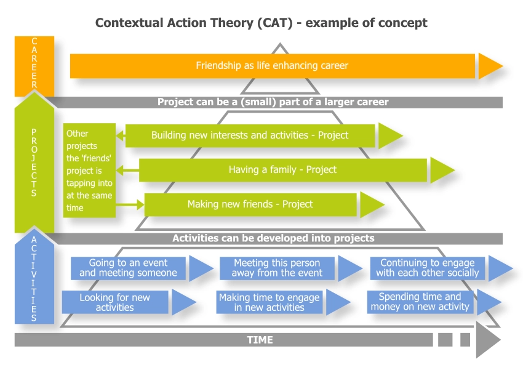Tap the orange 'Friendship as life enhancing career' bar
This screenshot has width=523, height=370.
click(272, 66)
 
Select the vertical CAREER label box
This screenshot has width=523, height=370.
click(34, 65)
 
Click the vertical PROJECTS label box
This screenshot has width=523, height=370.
click(34, 163)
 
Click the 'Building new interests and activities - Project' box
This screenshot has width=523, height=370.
click(250, 135)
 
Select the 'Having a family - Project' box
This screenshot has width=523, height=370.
click(282, 170)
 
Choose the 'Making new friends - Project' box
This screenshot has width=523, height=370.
click(250, 204)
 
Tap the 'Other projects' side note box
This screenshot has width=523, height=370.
click(89, 170)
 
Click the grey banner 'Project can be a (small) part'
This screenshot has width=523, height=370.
click(273, 102)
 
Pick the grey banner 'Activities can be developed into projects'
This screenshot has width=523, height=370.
click(273, 238)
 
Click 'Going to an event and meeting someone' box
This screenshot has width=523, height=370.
click(129, 268)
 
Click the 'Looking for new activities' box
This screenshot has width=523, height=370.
click(115, 302)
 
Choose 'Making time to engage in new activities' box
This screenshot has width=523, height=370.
click(269, 302)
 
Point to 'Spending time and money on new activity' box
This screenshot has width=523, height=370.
click(420, 302)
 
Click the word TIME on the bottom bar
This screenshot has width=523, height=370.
click(260, 340)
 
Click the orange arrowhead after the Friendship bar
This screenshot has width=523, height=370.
click(490, 66)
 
